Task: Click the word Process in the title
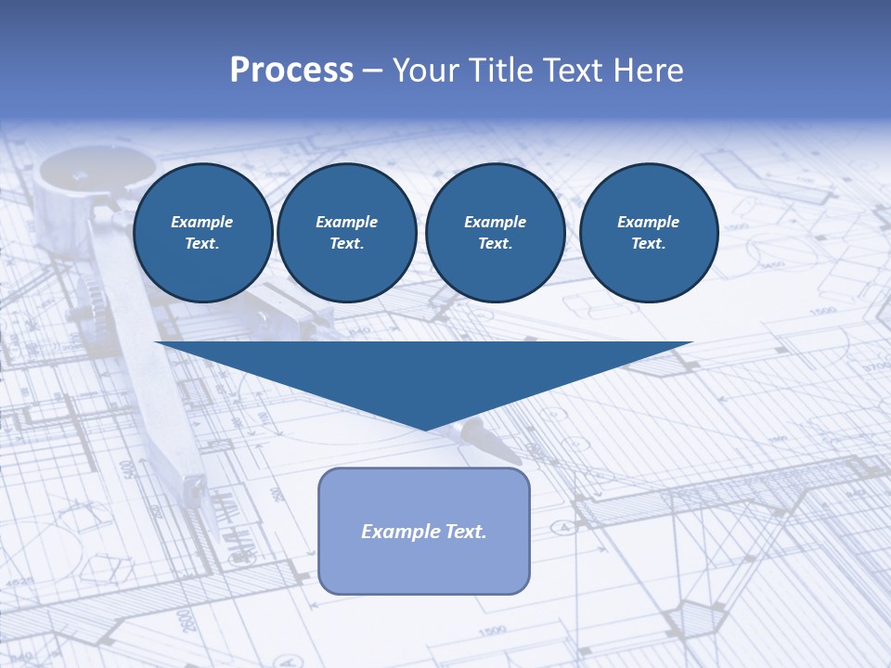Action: tap(291, 71)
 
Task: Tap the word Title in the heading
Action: tap(499, 71)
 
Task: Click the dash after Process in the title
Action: tap(372, 71)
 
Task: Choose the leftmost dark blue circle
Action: tap(203, 233)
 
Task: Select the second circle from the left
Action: tap(346, 233)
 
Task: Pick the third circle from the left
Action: tap(495, 233)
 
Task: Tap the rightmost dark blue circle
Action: tap(648, 233)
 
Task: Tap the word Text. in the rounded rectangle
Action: tap(465, 532)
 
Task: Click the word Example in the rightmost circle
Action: tap(648, 222)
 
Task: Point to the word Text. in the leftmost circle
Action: tap(203, 244)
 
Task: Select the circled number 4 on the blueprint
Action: tap(562, 528)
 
